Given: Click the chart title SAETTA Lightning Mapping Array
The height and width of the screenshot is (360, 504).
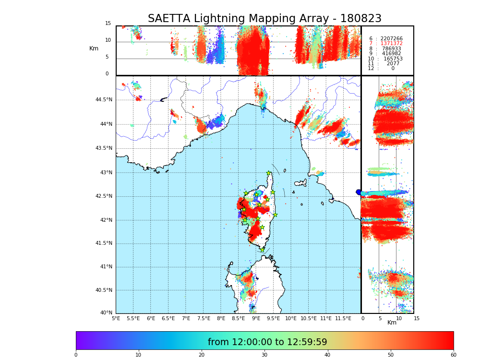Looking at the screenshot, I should click(264, 19).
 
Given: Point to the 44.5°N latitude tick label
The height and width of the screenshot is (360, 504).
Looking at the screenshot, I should click(104, 100).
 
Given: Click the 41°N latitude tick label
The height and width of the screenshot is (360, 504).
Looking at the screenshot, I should click(106, 267).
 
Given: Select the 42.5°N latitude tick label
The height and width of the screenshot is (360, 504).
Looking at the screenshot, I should click(104, 196).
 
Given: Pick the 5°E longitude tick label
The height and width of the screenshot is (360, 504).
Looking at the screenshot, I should click(116, 318).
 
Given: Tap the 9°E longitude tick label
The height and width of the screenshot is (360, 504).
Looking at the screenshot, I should click(256, 318).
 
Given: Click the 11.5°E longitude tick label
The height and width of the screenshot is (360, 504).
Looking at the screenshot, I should click(343, 318).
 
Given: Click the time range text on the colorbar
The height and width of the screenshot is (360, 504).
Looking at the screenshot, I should click(267, 342).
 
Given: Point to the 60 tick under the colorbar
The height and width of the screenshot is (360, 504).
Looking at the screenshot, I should click(453, 355).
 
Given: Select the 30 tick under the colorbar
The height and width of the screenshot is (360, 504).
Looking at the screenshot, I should click(264, 355).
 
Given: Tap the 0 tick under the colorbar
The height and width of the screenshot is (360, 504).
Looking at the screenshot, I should click(76, 355).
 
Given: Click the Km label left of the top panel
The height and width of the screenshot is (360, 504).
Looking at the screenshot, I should click(94, 48).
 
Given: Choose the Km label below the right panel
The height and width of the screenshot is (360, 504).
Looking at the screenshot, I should click(392, 323).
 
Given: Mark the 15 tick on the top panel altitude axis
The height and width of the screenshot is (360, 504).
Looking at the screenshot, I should click(108, 24).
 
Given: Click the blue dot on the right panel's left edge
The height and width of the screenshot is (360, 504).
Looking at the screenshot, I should click(359, 192).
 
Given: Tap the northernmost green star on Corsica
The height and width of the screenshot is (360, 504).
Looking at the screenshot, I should click(269, 173).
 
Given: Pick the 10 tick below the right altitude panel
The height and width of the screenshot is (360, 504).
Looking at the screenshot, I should click(398, 318).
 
